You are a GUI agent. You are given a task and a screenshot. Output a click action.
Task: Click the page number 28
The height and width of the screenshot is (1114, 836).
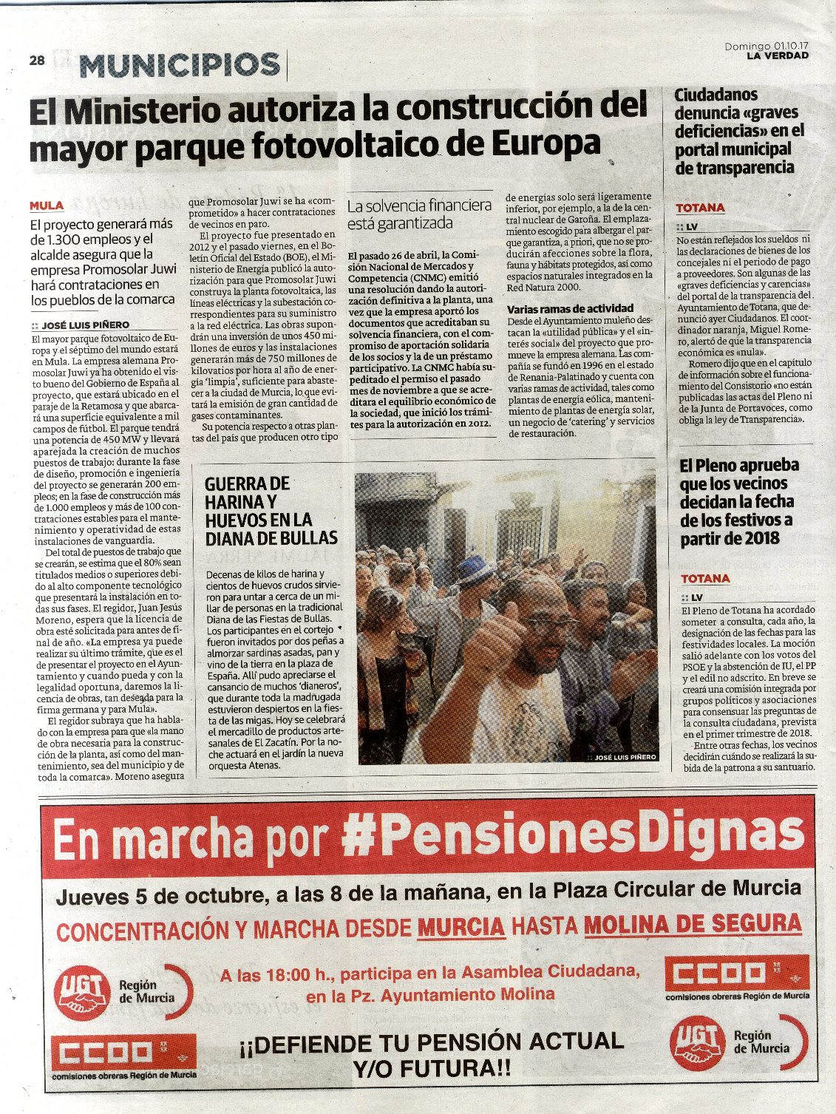click(37, 61)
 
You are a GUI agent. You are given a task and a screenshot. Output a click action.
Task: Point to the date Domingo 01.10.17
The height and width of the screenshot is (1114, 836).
click(766, 46)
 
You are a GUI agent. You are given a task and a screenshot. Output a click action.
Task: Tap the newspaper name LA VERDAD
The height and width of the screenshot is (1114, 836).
click(777, 55)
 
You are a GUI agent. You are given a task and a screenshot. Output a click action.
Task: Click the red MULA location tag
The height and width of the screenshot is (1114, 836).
click(47, 206)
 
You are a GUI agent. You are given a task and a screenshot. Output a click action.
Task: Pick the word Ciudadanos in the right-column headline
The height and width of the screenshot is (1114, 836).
click(716, 95)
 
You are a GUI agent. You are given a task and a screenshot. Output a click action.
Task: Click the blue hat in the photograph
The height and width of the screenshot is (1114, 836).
click(474, 571)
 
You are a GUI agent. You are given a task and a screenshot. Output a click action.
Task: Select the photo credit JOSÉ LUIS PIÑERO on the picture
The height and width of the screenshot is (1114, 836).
click(625, 757)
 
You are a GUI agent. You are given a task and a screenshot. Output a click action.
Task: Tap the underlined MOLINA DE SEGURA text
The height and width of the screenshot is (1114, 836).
click(693, 923)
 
